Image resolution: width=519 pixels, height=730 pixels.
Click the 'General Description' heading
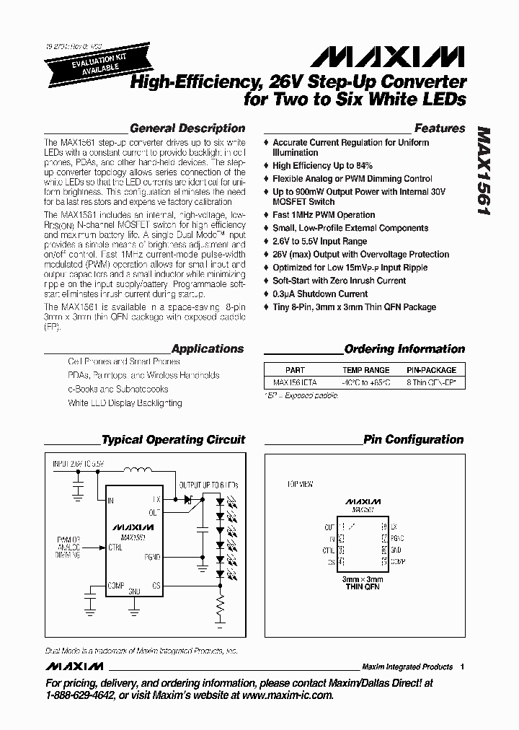[187, 128]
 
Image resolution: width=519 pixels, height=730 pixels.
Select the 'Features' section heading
[440, 128]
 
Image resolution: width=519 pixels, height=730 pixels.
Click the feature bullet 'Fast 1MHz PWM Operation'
[324, 215]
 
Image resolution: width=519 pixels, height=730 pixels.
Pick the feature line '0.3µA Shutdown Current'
[320, 294]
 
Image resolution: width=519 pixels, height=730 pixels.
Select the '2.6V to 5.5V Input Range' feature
[319, 241]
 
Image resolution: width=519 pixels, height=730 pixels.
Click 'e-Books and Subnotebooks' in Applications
[118, 389]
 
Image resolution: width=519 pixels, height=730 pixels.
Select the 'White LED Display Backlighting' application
[125, 403]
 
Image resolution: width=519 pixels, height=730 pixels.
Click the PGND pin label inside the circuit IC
[151, 557]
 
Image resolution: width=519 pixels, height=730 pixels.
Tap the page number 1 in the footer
[462, 667]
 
